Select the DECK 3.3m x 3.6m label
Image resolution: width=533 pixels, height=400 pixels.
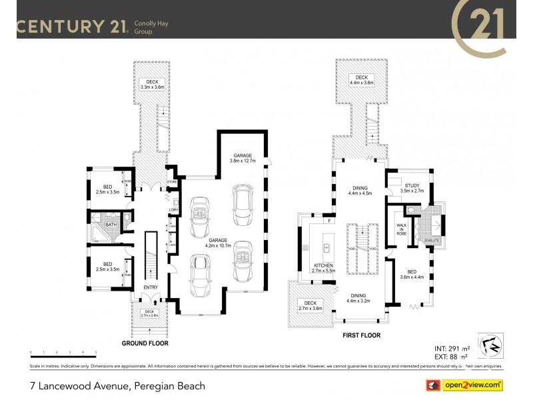(152, 84)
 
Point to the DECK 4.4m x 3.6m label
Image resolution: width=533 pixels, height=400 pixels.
(360, 81)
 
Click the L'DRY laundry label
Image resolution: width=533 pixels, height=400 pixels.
(173, 211)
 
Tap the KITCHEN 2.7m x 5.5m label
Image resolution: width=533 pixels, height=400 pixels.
(323, 268)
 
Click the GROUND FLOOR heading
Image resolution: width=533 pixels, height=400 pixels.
(145, 343)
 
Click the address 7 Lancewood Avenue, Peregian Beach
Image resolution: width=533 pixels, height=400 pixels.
(117, 386)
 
